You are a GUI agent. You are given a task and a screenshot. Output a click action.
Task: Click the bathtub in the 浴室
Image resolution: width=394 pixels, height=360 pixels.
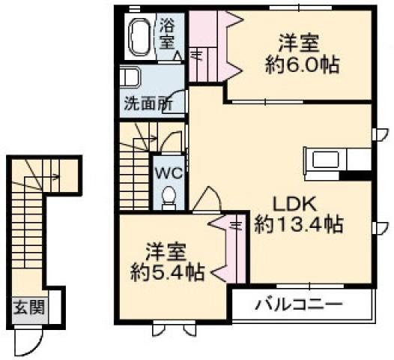pos(139,37)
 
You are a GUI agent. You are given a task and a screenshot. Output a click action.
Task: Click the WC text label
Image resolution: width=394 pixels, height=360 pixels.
pos(168,173)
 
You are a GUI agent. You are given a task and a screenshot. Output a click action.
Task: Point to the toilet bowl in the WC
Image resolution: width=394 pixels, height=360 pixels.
pos(169,196)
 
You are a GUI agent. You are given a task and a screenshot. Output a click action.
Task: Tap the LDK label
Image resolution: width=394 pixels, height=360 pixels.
pos(294,204)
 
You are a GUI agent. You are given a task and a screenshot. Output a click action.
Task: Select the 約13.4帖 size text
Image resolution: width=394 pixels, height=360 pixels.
pos(299,224)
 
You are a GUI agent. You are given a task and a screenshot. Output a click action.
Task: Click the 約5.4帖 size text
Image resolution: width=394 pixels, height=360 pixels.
pos(166,272)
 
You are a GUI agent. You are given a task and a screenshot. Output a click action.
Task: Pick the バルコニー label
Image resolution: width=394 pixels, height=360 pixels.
pos(299,304)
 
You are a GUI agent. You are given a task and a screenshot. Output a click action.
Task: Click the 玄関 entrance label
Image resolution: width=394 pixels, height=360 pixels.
pos(29,307)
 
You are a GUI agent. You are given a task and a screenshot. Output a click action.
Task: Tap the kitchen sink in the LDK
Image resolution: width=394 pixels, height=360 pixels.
pos(325,160)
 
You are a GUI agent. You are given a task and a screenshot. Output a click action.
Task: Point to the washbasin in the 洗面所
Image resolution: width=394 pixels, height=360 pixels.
pos(130,76)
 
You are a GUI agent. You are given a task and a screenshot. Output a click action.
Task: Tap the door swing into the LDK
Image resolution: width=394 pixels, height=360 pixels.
pos(207,199)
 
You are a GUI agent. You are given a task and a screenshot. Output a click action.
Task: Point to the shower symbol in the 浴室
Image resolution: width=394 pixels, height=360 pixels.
pos(178,55)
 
